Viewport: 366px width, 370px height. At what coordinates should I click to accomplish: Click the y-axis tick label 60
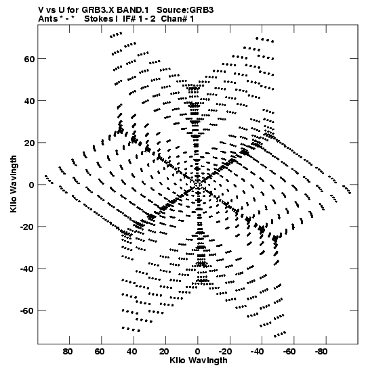point(29,59)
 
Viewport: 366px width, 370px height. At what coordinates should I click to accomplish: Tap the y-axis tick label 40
point(29,101)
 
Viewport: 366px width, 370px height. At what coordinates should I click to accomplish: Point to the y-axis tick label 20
point(29,143)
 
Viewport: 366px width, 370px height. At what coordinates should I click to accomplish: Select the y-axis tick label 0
point(32,185)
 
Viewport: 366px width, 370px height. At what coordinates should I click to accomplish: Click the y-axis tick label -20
point(27,227)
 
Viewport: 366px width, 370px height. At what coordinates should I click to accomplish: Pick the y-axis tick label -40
point(27,269)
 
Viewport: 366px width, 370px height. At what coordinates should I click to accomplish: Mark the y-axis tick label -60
point(27,310)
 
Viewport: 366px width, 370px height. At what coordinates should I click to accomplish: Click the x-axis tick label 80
point(68,352)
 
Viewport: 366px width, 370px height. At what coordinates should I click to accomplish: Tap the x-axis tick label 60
point(100,352)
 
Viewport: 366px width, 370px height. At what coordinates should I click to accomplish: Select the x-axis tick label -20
point(226,352)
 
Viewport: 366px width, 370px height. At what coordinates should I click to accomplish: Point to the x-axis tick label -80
point(322,352)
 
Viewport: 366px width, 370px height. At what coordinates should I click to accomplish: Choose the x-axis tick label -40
point(258,352)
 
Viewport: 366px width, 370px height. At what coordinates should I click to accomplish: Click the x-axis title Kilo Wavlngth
point(199,361)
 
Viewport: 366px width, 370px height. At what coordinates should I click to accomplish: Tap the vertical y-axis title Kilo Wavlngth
point(14,184)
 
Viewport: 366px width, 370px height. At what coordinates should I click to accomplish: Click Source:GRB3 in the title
point(185,10)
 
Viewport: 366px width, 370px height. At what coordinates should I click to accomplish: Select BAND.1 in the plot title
point(133,10)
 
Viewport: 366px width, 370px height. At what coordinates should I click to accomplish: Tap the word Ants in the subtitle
point(48,19)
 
